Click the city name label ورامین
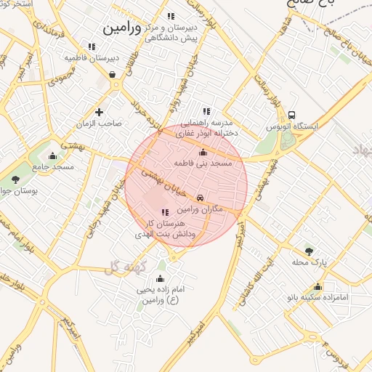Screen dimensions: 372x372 [x=121, y=28]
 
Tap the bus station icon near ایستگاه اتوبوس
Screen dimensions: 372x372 [x=292, y=116]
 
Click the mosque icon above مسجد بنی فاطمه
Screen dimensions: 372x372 [x=203, y=153]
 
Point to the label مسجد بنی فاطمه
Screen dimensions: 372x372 [x=203, y=164]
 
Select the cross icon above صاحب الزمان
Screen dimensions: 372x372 [x=100, y=112]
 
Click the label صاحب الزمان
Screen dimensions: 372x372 [x=100, y=124]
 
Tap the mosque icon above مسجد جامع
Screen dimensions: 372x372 [x=52, y=155]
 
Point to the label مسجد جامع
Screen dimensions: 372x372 [x=53, y=167]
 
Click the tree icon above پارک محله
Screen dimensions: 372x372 [x=309, y=251]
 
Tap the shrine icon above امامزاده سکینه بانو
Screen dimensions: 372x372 [x=318, y=286]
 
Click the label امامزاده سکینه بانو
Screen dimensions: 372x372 [x=318, y=298]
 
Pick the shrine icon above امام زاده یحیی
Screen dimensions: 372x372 [x=160, y=278]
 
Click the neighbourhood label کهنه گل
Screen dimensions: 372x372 [x=125, y=267]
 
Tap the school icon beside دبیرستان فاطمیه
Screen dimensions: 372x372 [x=92, y=46]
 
